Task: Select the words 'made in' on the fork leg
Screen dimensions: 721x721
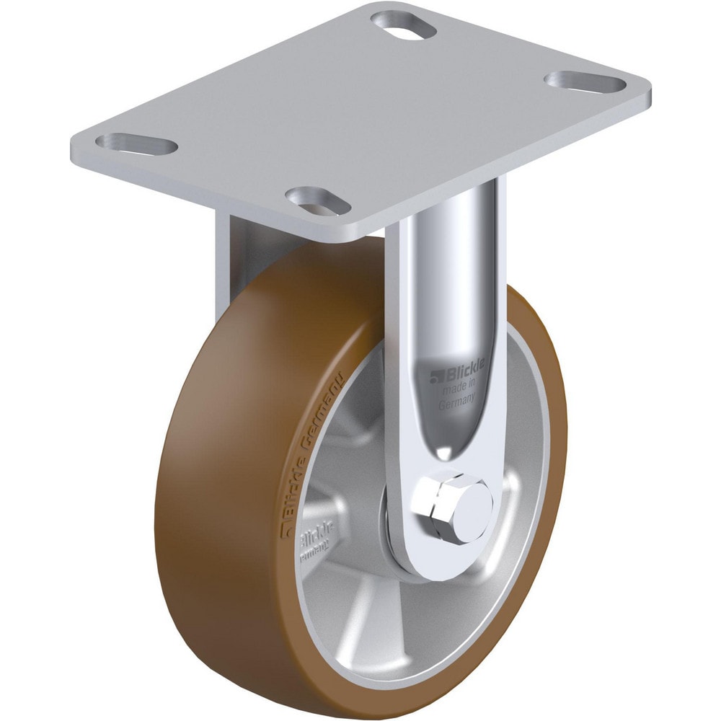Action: click(x=458, y=390)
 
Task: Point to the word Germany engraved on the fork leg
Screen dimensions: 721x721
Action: click(x=456, y=406)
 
